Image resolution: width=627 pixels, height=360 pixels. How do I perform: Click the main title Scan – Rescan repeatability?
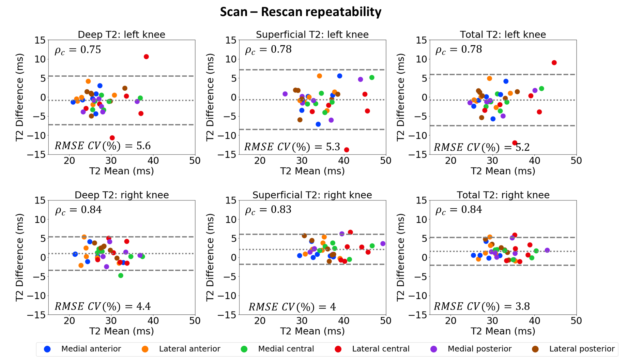click(x=301, y=12)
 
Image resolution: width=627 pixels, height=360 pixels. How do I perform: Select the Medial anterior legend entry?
click(x=91, y=349)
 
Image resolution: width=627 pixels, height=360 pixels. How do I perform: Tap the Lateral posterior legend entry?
click(x=582, y=349)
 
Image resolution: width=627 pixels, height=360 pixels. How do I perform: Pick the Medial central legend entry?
click(x=286, y=349)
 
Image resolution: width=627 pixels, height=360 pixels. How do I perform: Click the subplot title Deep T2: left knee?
click(x=122, y=35)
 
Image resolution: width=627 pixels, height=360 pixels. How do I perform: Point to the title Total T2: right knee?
click(x=503, y=195)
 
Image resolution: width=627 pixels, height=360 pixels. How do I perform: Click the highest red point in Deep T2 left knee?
click(x=146, y=57)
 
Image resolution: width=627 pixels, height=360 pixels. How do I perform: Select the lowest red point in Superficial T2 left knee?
click(x=347, y=150)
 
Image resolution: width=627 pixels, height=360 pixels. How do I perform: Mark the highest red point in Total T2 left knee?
click(x=554, y=63)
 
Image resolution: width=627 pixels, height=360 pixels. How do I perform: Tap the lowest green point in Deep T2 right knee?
click(x=121, y=275)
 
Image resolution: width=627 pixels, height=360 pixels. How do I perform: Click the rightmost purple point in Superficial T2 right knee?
click(x=383, y=244)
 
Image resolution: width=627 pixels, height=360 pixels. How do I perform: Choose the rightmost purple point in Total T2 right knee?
click(x=547, y=250)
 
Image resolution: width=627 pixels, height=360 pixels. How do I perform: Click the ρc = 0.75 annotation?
click(x=78, y=50)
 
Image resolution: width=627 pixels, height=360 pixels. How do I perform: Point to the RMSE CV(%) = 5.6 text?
click(x=103, y=146)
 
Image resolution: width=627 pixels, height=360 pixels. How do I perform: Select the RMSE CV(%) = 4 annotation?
click(x=292, y=307)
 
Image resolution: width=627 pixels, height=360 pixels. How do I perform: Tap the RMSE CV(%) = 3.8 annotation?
click(x=481, y=306)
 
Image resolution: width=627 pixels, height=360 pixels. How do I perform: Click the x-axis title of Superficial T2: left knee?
click(x=312, y=171)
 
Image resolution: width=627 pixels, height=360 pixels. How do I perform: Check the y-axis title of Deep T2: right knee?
click(x=20, y=257)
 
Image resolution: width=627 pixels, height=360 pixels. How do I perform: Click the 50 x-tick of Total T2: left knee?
click(x=576, y=161)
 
